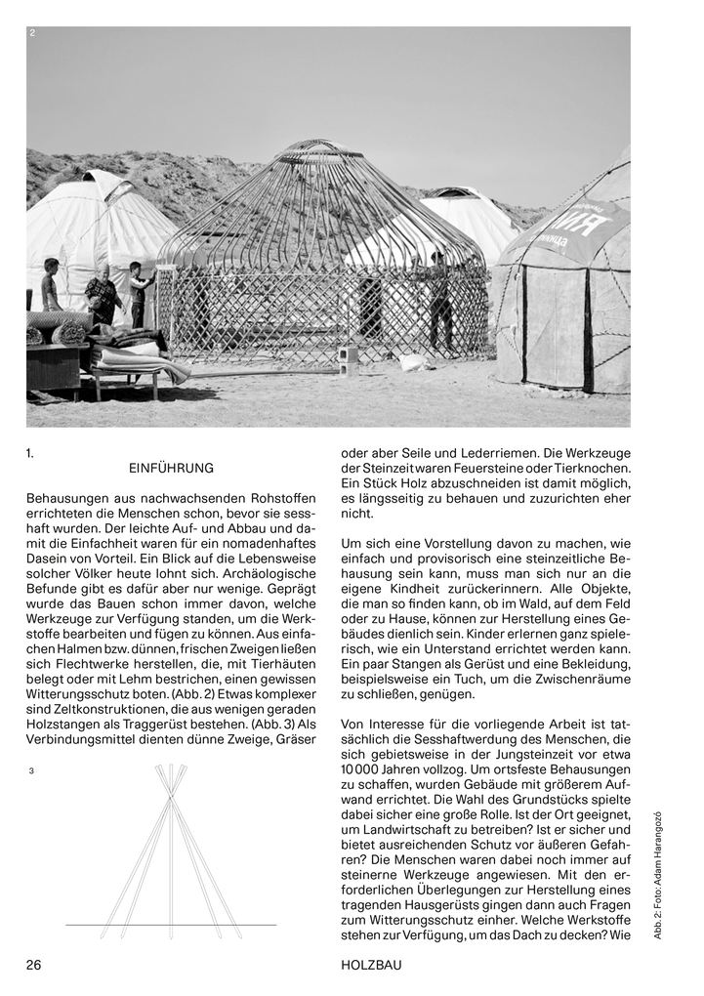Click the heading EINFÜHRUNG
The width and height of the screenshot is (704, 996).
click(171, 469)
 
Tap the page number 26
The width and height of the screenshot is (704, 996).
click(34, 965)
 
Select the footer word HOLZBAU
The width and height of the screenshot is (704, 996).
click(371, 965)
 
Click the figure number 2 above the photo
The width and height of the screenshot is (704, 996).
click(32, 33)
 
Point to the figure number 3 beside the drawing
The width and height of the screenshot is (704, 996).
click(32, 771)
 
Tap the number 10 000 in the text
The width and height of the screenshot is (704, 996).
click(360, 770)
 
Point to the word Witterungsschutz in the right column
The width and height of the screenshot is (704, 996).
click(400, 926)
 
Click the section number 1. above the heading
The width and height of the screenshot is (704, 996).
click(30, 453)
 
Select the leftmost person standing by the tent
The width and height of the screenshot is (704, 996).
click(50, 285)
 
